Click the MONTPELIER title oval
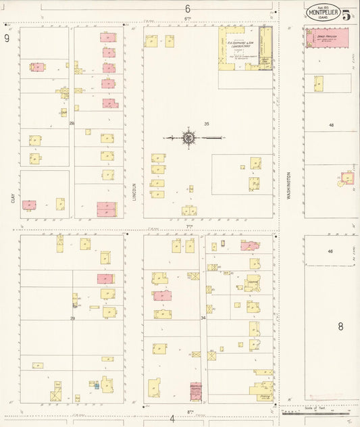324,13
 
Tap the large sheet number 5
346,16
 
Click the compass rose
188,138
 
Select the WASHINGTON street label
288,184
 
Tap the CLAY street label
12,198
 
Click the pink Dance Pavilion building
328,38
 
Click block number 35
207,124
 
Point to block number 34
203,318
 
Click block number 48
331,126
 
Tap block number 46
330,251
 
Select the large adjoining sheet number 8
340,327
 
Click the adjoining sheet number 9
7,38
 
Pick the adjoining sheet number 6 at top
188,9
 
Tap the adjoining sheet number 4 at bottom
172,418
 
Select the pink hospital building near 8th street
196,391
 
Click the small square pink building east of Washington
348,178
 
